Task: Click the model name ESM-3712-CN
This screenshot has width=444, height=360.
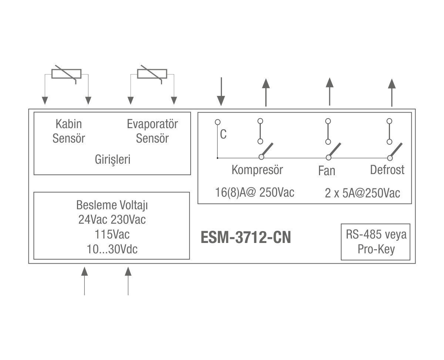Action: coord(246,237)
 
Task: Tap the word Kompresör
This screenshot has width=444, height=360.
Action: coord(257,170)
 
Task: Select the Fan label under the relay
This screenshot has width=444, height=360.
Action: coord(327,171)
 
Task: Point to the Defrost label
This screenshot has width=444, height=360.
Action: coord(387,170)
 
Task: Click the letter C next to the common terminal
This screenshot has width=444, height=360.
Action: coord(223,134)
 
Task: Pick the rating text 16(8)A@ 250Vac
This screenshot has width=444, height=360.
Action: coord(255,193)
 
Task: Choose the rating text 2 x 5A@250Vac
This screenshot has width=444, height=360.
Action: coord(362,193)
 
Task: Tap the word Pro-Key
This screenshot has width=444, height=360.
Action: coord(376,249)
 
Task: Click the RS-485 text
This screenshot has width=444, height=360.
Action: coord(363,234)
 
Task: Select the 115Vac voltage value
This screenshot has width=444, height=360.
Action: coord(112,234)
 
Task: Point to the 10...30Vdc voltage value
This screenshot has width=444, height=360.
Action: coord(112,249)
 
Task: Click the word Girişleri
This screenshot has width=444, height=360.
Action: coord(112,160)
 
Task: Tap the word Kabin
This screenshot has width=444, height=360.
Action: coord(68,124)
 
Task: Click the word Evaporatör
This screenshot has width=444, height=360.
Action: coord(152,124)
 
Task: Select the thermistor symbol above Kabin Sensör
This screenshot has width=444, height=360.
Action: coord(67,74)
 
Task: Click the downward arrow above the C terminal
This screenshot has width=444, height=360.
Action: coord(221,91)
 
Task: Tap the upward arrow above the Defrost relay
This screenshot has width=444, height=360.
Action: coord(392,93)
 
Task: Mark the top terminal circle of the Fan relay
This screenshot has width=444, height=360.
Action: coord(328,121)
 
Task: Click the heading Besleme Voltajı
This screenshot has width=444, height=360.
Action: coord(112,205)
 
